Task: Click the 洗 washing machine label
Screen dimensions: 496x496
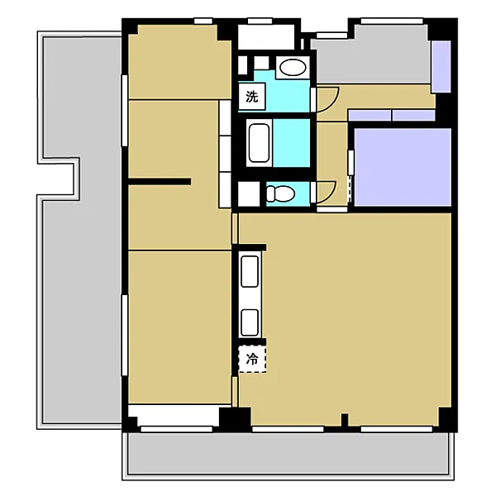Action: [252, 96]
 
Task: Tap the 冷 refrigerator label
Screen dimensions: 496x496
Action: [252, 359]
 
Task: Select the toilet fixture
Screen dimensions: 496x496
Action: [280, 193]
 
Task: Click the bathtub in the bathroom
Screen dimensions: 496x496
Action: [259, 143]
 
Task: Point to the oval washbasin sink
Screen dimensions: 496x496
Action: [293, 68]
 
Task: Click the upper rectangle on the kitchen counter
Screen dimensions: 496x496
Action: [250, 272]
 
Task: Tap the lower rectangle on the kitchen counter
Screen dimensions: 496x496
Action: [250, 322]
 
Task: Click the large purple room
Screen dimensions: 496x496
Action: [403, 167]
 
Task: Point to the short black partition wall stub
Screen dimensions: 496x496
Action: [160, 182]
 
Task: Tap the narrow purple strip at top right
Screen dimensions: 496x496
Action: [441, 67]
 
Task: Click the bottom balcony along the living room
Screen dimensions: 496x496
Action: [288, 454]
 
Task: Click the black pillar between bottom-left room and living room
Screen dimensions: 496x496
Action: [235, 417]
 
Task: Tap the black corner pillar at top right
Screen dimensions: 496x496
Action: [442, 29]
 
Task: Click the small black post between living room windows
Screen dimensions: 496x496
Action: [345, 420]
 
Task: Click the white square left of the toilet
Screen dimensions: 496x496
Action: [249, 194]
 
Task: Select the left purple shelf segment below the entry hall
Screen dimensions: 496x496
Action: [370, 115]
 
